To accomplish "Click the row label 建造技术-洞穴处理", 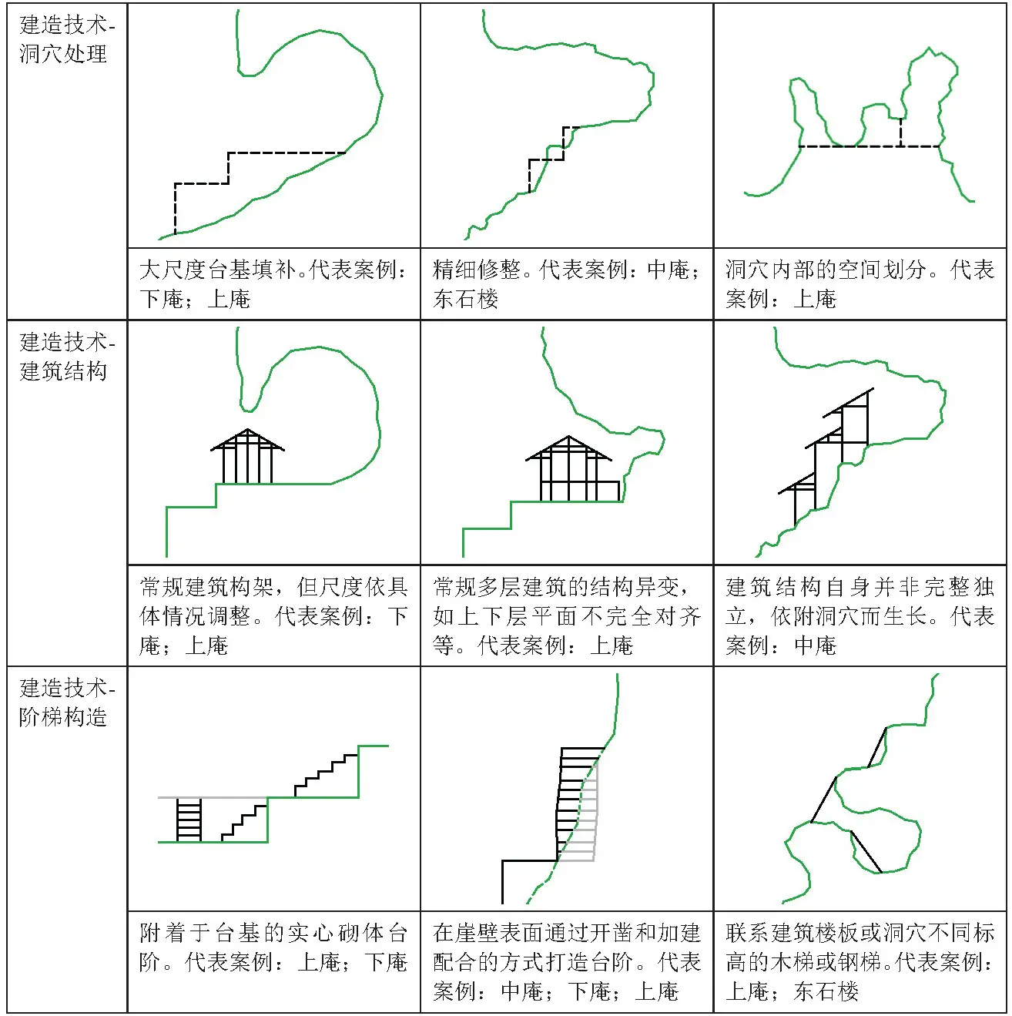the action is point(67,39).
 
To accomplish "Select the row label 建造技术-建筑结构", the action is point(67,357).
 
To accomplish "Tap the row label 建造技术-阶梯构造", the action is point(67,702).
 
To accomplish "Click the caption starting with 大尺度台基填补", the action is point(273,284).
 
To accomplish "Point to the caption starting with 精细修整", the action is point(566,284).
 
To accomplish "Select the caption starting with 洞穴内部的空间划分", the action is point(860,284).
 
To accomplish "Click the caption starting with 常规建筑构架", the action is point(273,615).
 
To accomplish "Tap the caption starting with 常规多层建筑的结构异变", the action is point(566,615).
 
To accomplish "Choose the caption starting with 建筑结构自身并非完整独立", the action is point(860,615).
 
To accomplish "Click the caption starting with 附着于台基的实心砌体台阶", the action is point(273,947).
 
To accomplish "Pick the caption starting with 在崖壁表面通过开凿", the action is point(566,961).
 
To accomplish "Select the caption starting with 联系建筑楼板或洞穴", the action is point(860,961).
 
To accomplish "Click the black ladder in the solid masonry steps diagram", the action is point(189,820).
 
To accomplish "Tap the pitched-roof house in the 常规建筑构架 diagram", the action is point(247,456).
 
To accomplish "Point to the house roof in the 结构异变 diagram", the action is point(568,448).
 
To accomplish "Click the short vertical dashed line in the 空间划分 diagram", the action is point(901,132).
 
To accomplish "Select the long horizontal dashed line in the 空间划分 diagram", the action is point(870,146).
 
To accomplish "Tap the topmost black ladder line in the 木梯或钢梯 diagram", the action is point(877,748).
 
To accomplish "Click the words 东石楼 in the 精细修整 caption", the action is point(466,299).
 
